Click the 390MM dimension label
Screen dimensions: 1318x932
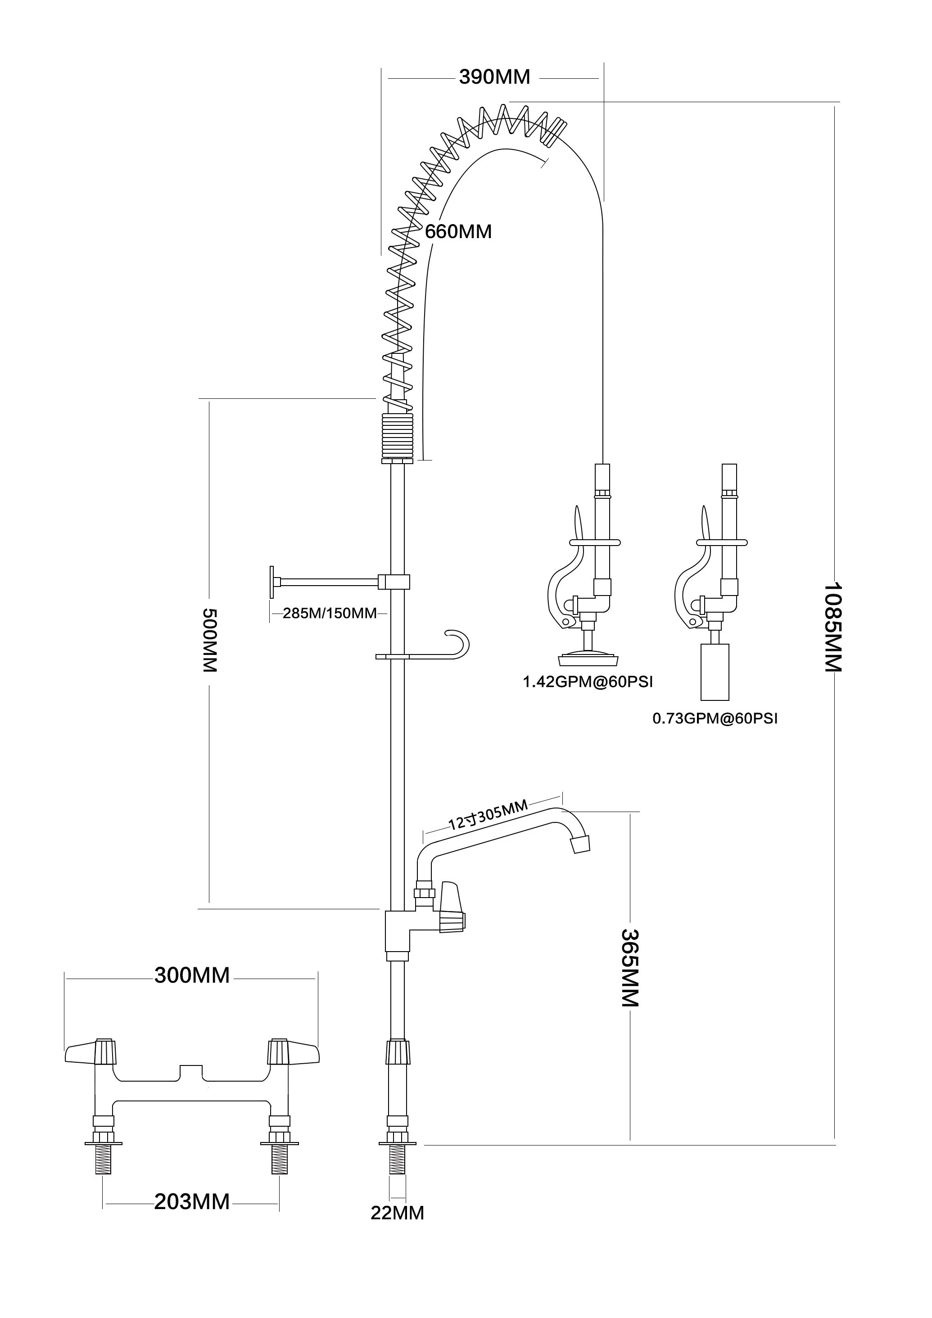coord(494,77)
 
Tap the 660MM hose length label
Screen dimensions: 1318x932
coord(458,231)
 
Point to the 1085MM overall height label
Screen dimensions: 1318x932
coord(832,627)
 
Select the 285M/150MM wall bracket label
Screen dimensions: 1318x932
coord(330,613)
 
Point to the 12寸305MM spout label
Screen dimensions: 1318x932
coord(488,815)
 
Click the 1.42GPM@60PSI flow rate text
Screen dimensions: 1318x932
coord(588,682)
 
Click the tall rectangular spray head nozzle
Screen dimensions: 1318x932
coord(715,672)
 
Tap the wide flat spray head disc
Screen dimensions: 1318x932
coord(588,657)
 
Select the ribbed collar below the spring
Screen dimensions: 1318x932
coord(398,436)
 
